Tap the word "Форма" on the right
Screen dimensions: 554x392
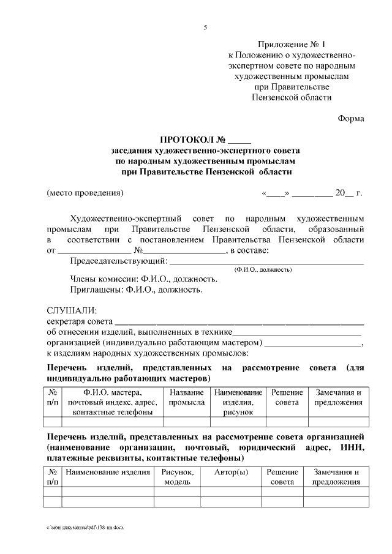click(x=350, y=119)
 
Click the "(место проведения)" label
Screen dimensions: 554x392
click(x=85, y=193)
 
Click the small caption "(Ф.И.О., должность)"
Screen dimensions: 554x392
click(x=263, y=270)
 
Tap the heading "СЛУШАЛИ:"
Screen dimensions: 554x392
click(x=72, y=311)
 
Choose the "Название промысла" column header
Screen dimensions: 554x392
click(x=187, y=397)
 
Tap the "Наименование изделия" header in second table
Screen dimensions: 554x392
click(x=108, y=473)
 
